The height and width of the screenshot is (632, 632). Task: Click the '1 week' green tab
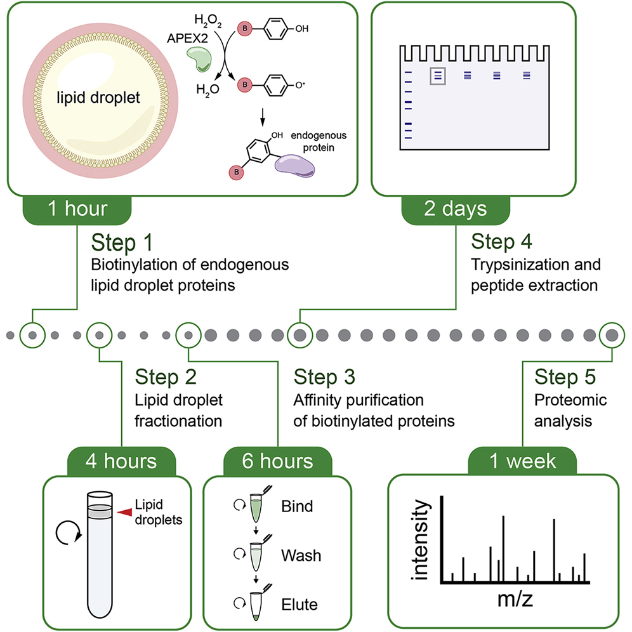pos(523,461)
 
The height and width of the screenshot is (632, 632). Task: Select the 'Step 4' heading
pos(502,242)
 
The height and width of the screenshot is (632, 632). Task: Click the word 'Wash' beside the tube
pos(301,556)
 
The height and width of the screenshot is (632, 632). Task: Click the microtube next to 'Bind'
pos(258,506)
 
